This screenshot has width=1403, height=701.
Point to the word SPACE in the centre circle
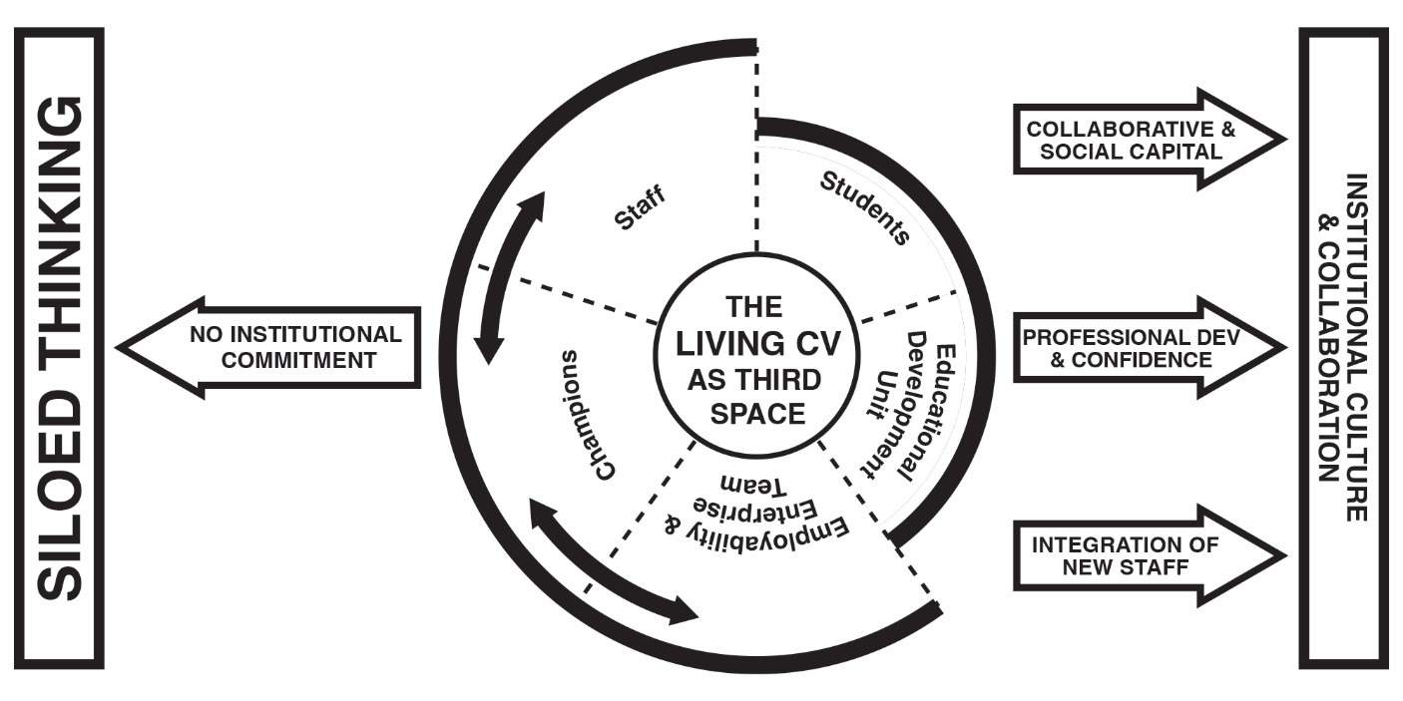click(x=754, y=414)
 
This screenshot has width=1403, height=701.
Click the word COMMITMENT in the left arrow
click(x=299, y=360)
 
